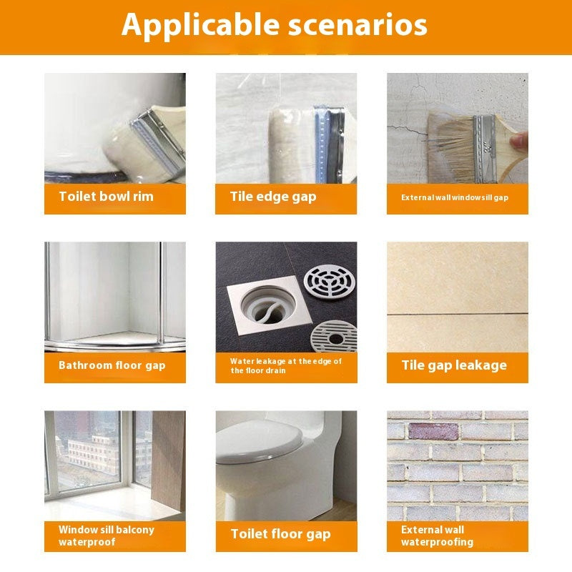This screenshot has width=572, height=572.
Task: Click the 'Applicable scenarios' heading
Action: point(274,24)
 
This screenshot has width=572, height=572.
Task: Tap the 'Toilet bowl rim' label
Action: point(106,197)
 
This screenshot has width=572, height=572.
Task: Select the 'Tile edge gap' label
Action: point(272,197)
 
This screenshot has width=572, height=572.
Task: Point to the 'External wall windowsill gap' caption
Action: point(454,197)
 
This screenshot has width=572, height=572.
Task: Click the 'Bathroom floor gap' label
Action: point(112,365)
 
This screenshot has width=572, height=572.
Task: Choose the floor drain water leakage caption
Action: point(285,365)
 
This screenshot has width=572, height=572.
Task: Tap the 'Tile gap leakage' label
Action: point(453,365)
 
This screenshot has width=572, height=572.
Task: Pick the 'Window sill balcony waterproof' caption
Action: point(106,536)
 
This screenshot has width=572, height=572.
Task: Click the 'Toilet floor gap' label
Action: point(280,534)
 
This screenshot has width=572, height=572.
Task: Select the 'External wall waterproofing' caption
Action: point(437,536)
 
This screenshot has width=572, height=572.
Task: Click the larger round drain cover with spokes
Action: point(329,286)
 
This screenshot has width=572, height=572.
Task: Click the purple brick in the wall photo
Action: point(433,432)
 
